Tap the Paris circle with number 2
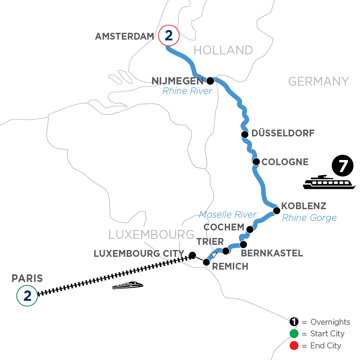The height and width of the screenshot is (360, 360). (27, 296)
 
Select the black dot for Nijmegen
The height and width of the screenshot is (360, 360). (210, 81)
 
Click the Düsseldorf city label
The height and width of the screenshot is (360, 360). (283, 133)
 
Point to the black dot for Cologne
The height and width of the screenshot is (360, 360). (256, 162)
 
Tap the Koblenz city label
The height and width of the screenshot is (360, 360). (304, 206)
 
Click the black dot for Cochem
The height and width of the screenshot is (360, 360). (250, 229)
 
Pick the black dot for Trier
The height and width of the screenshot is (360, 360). (226, 251)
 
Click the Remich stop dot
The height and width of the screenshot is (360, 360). (206, 262)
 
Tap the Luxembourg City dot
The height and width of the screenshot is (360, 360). (192, 255)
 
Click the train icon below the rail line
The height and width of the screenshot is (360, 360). (128, 285)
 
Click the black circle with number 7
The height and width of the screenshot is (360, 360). (342, 166)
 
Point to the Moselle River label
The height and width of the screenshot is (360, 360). (228, 214)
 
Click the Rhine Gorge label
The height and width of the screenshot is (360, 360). (309, 218)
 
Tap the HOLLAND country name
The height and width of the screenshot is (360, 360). (223, 50)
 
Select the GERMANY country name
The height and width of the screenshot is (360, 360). (318, 81)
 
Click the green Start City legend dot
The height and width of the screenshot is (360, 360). (294, 334)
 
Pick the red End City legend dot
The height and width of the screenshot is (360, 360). (294, 345)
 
